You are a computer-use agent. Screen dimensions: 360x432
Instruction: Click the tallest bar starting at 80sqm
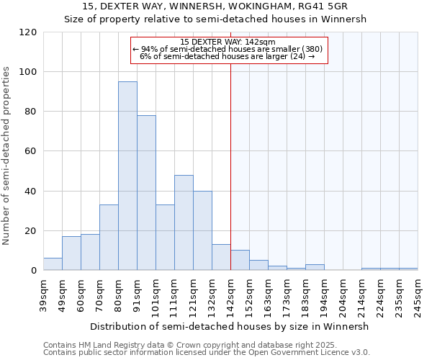point(127,176)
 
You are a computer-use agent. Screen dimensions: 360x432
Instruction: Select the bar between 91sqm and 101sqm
point(146,193)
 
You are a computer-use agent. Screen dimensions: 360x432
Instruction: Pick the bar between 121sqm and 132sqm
point(202,231)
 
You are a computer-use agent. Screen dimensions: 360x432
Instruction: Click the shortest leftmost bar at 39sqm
point(53,264)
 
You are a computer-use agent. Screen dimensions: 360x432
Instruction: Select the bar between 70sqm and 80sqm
point(109,238)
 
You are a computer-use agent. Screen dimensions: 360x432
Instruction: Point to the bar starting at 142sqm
point(240,261)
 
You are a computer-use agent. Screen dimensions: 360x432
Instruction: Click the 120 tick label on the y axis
point(28,32)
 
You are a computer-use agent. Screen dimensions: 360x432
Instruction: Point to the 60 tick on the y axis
point(31,151)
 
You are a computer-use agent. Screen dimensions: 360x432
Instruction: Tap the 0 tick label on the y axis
point(34,271)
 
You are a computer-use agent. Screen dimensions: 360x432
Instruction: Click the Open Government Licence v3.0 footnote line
point(207,352)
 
